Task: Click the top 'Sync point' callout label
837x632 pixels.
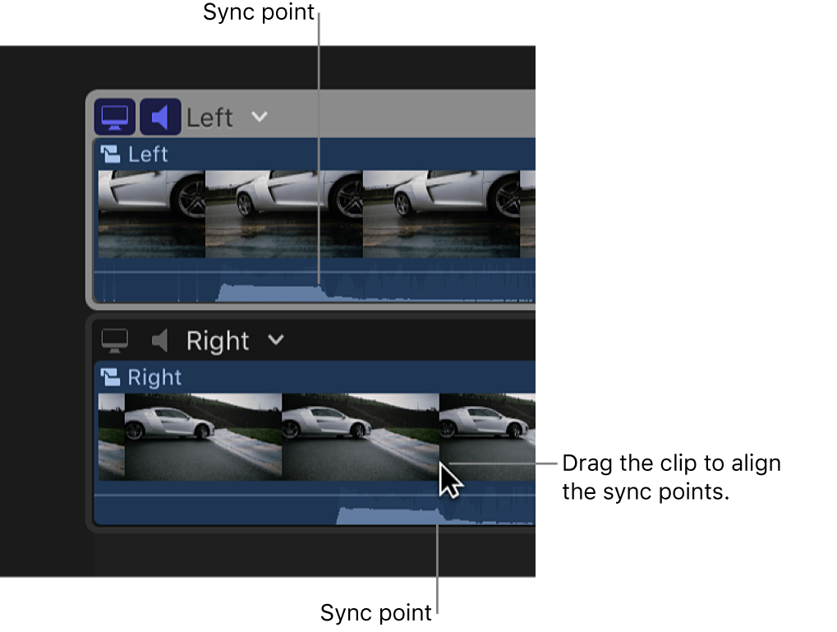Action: (259, 12)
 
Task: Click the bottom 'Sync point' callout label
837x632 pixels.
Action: (375, 613)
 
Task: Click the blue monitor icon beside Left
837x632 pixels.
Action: (114, 117)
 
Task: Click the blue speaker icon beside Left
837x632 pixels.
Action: (160, 117)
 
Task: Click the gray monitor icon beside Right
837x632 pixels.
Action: (115, 339)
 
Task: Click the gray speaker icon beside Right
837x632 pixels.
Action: (160, 339)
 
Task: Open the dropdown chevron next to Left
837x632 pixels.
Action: (260, 117)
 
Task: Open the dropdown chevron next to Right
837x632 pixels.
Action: (276, 339)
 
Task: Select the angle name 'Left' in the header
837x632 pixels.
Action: (209, 118)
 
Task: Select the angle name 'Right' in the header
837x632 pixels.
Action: (217, 340)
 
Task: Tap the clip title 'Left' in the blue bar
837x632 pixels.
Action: (148, 155)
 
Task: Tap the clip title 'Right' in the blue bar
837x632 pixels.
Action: (154, 377)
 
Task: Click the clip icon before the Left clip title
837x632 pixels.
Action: (110, 154)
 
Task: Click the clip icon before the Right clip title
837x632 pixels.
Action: (110, 377)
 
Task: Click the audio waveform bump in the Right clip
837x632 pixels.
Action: (386, 516)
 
